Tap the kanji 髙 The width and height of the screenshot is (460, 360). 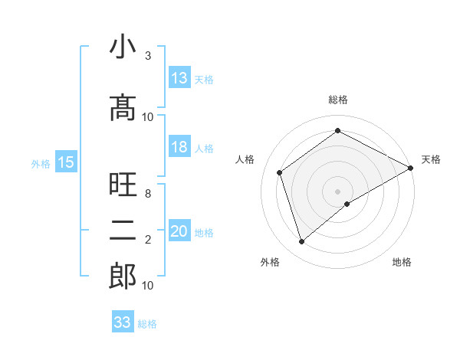coord(123,108)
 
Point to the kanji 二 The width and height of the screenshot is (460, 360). coord(123,230)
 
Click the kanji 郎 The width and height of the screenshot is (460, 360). coord(123,276)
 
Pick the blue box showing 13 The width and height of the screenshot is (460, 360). coord(179,77)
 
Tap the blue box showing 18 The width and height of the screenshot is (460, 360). coord(179,147)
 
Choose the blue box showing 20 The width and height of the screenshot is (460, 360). coord(179,231)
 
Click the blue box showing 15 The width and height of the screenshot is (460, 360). coord(66,162)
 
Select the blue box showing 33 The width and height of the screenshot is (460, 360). coord(123,322)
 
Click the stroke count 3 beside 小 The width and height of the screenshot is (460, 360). coord(148,56)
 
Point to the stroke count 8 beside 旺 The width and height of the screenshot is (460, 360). coord(148,194)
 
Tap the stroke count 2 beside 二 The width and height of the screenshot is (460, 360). coord(148,240)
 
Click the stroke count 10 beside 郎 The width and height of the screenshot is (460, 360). coord(148,286)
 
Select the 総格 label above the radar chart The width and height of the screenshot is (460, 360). coord(338,100)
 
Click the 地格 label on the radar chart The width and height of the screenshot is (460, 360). coord(402,262)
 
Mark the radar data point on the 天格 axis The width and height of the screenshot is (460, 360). coord(411,169)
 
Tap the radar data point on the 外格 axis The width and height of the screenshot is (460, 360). coord(302,242)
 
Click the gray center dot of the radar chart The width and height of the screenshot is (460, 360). coord(338,191)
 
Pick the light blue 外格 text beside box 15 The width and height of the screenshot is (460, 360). coord(41,163)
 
